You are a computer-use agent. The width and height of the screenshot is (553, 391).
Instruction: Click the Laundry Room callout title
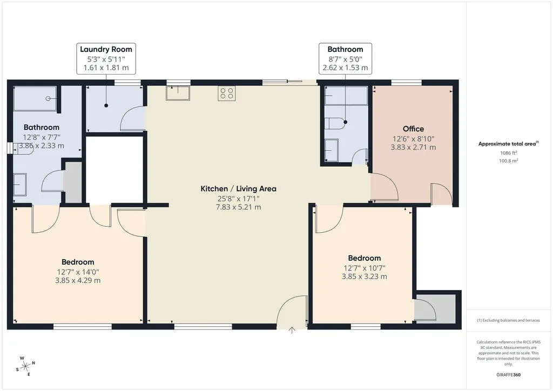(x=106, y=49)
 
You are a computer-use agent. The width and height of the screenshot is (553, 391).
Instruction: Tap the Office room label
(x=413, y=129)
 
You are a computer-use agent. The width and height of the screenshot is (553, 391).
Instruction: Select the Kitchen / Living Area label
(x=238, y=188)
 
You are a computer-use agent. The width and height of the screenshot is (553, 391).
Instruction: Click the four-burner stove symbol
(x=226, y=93)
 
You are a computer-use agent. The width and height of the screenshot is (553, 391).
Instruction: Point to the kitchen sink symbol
(x=178, y=92)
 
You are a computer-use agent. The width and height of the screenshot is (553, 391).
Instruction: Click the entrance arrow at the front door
(x=292, y=330)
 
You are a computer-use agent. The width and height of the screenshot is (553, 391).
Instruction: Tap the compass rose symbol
(x=25, y=367)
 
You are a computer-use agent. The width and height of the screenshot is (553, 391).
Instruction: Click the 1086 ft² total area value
(x=508, y=153)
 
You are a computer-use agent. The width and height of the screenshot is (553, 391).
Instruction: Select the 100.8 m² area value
(x=508, y=161)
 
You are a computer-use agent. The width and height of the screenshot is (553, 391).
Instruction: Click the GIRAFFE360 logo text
(x=508, y=375)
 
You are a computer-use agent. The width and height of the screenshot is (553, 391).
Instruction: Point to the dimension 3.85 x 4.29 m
(x=78, y=281)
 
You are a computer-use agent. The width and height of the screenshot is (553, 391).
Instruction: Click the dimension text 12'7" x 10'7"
(x=365, y=268)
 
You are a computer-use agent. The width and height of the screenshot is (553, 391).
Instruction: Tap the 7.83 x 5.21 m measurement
(x=238, y=207)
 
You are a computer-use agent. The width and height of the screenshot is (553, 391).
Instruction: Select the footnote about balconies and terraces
(x=508, y=320)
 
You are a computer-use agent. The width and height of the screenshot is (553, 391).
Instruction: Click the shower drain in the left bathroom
(x=48, y=99)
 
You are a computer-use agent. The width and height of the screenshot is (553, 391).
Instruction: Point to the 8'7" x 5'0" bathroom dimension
(x=345, y=59)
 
